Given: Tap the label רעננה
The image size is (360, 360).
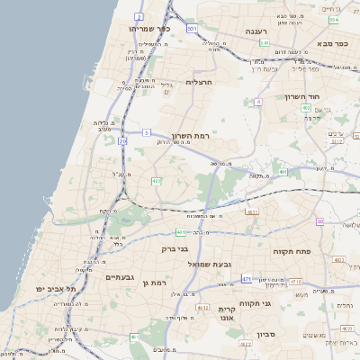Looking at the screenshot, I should (x=260, y=31).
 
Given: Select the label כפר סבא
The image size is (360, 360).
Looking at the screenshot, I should (x=335, y=43).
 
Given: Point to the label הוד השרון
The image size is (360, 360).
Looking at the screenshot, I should (x=297, y=96).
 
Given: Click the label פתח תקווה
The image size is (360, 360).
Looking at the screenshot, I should (x=291, y=252).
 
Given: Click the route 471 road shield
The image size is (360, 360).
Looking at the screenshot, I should (x=247, y=279).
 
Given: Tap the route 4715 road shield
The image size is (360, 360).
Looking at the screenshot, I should (x=319, y=283).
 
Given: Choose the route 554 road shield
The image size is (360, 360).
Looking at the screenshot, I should (x=334, y=19).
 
